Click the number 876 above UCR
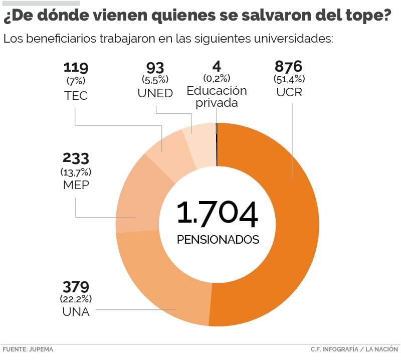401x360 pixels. pos(289,67)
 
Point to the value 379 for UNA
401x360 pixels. pos(76,287)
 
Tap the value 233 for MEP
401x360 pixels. pos(76,158)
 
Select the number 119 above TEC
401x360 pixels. pos(76,67)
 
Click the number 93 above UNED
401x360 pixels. pos(155,67)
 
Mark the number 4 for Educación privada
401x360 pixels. pos(217,66)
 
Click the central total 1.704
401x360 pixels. pos(218,214)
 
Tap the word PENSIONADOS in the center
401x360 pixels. pos(218,239)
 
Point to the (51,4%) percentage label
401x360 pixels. pos(289,79)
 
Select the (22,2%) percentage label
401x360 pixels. pos(76,299)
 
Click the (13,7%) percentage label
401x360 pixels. pos(76,171)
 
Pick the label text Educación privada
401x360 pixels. pos(217,97)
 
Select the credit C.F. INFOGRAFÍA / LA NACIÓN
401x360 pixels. pos(354,349)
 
